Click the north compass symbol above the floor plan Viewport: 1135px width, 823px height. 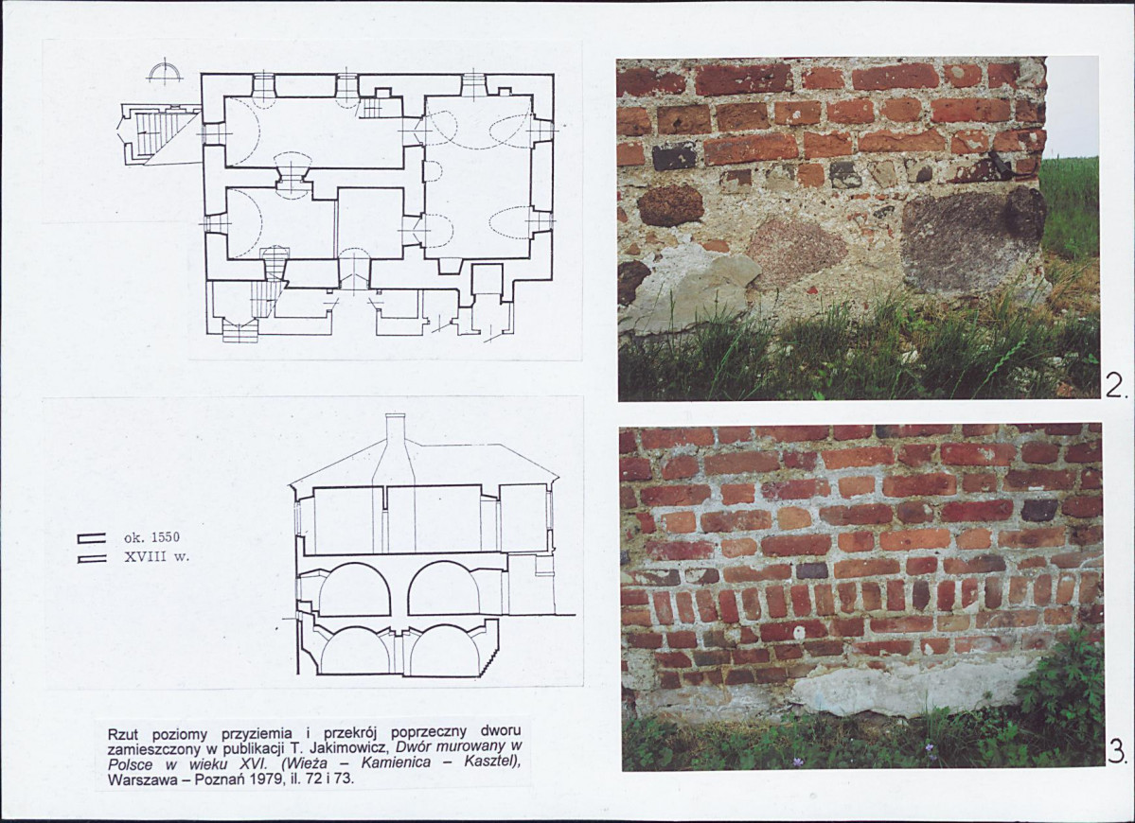165,71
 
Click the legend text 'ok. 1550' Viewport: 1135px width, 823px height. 151,538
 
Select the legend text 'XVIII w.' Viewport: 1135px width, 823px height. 156,557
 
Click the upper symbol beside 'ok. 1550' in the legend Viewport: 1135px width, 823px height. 91,537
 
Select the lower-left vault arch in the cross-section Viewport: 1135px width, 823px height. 354,651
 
